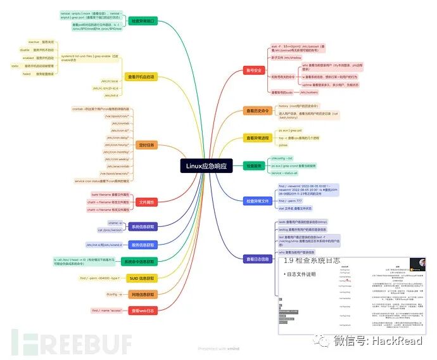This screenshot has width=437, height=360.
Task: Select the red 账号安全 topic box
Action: (x=256, y=70)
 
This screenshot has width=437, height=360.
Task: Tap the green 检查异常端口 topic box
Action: (x=145, y=21)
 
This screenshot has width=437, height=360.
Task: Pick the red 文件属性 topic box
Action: (x=146, y=202)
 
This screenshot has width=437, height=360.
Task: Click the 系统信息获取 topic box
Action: (x=144, y=226)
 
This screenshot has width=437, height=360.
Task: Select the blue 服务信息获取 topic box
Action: (x=144, y=244)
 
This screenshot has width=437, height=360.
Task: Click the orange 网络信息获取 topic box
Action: (x=144, y=294)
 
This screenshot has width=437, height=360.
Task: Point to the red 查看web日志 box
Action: (x=143, y=311)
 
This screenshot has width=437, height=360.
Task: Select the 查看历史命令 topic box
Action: (x=258, y=111)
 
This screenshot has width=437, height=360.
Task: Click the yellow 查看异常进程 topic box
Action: (x=258, y=138)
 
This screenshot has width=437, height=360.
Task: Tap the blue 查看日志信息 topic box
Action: (x=257, y=259)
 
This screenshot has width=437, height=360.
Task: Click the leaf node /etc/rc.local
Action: (x=110, y=80)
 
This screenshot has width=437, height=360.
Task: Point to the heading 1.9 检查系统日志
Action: (x=312, y=260)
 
